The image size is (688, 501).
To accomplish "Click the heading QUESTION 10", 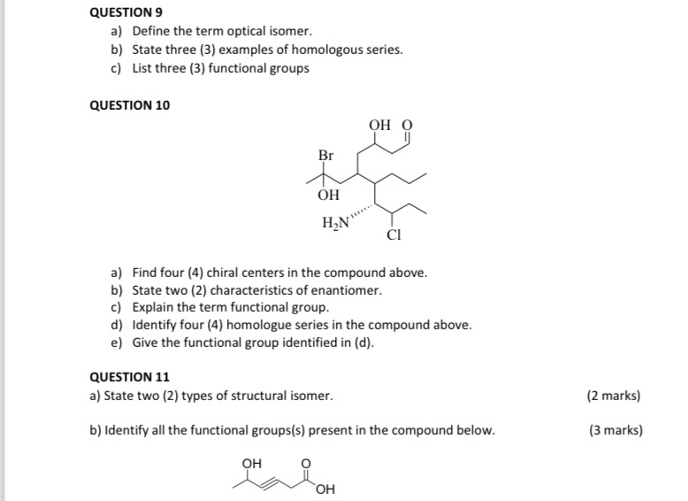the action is (x=131, y=105).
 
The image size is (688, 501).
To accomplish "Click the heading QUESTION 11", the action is (x=131, y=376).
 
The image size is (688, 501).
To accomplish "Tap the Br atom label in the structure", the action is (x=325, y=156).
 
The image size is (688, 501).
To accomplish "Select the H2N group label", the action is (x=335, y=222).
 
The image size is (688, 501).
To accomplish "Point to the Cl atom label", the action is (x=394, y=236).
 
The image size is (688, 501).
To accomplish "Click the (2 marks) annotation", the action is (x=614, y=396).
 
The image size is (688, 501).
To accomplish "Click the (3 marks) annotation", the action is (x=615, y=431).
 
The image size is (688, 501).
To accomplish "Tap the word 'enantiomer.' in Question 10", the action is (x=350, y=290).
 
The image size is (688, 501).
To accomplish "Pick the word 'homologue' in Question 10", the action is (x=279, y=325).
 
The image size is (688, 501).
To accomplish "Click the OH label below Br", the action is (x=328, y=195).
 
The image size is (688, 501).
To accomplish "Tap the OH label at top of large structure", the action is (x=380, y=126).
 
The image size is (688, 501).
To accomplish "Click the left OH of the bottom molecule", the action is (x=252, y=462).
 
